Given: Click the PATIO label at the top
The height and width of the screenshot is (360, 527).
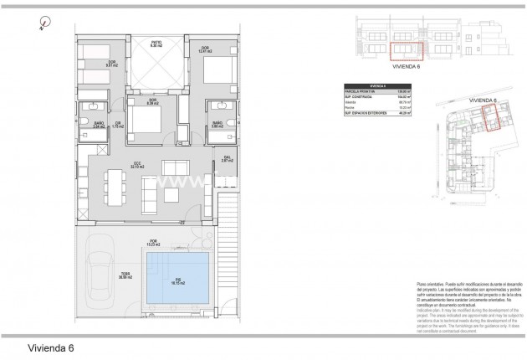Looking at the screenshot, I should tap(156, 43).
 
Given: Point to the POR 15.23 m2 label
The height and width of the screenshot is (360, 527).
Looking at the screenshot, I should tap(152, 244).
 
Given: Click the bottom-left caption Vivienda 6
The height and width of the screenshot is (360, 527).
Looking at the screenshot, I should tap(51, 345).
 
